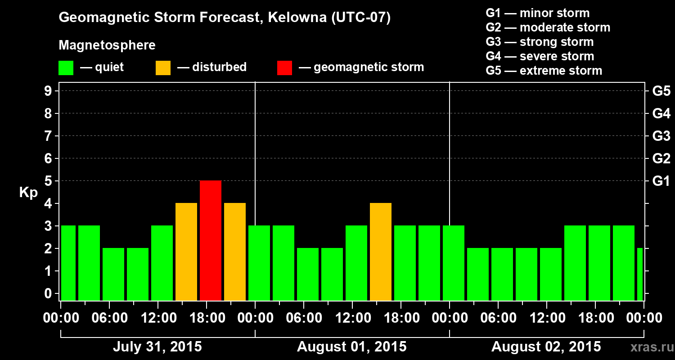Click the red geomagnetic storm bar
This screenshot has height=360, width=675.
[211, 240]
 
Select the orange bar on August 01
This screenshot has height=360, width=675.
[381, 252]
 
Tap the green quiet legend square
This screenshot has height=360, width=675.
[66, 67]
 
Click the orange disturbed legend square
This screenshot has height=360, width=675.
[163, 67]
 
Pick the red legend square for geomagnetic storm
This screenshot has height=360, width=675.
[284, 67]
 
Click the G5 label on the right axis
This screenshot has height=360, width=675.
[661, 91]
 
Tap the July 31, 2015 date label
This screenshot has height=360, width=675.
[157, 347]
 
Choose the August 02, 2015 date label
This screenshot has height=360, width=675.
[546, 347]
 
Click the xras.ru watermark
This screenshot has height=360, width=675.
[648, 347]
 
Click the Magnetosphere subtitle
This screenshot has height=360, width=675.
[107, 45]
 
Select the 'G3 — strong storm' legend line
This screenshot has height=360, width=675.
[540, 42]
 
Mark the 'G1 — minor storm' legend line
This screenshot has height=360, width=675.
[537, 13]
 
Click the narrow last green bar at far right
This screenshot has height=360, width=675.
[640, 274]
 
